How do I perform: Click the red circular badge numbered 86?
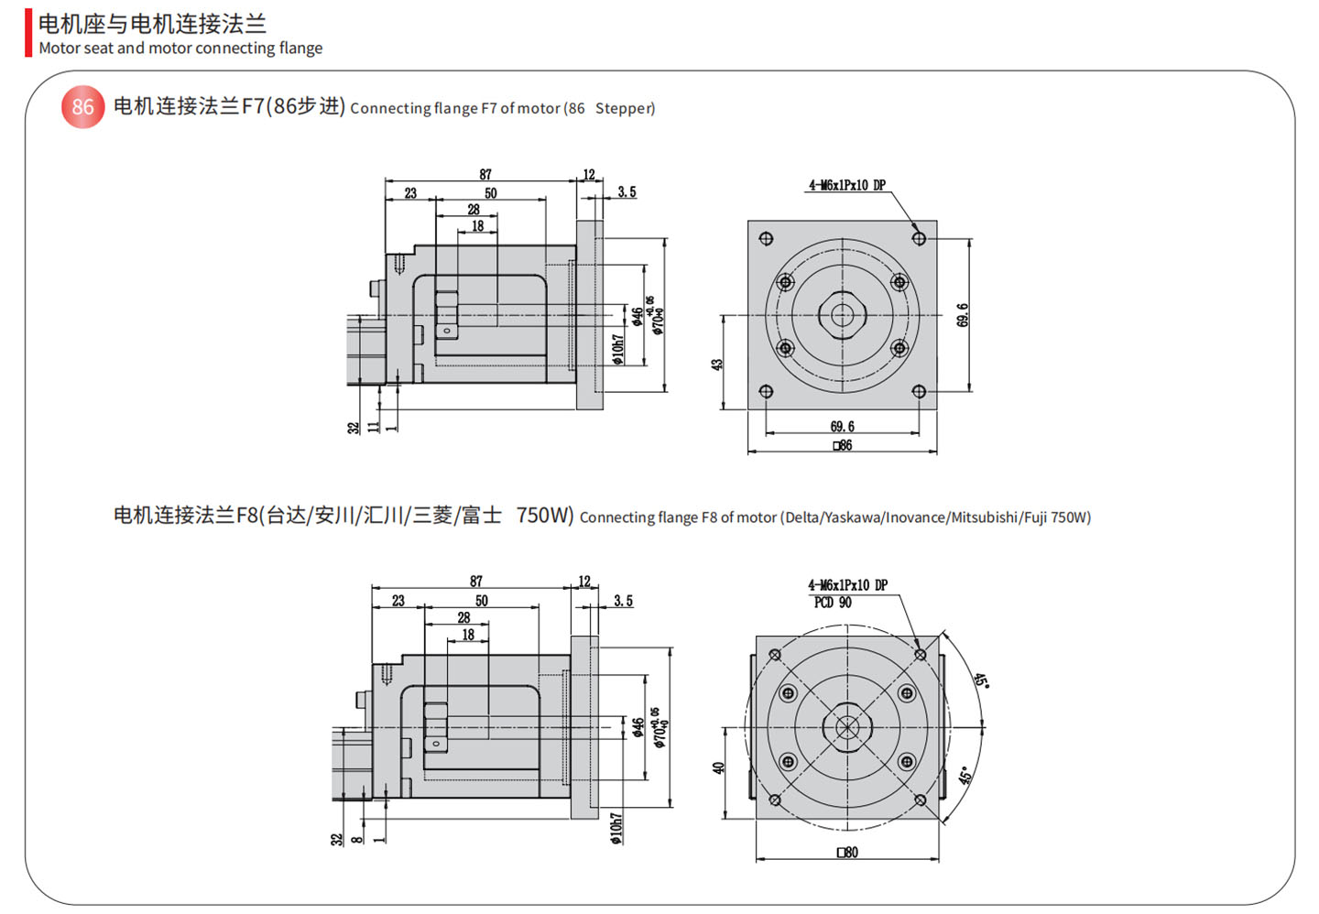[82, 107]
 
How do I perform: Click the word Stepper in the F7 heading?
[625, 108]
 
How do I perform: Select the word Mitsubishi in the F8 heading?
[984, 517]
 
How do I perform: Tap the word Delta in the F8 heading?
[801, 517]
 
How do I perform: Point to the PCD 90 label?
[833, 603]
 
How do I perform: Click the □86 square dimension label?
[843, 446]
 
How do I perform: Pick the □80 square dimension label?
[847, 853]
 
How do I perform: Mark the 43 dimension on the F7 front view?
[717, 364]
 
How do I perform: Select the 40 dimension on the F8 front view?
[718, 767]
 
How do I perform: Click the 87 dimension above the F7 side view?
[485, 174]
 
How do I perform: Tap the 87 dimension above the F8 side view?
[475, 582]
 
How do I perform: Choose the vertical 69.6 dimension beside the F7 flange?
[962, 315]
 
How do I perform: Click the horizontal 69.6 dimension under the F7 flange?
[842, 427]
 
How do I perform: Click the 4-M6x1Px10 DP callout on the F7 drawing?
[846, 185]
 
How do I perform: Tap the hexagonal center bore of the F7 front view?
[842, 315]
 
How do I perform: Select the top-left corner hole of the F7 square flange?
[766, 239]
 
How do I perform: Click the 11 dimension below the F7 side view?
[373, 426]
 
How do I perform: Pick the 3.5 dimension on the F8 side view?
[623, 602]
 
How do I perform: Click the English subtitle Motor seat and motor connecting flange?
[180, 49]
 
